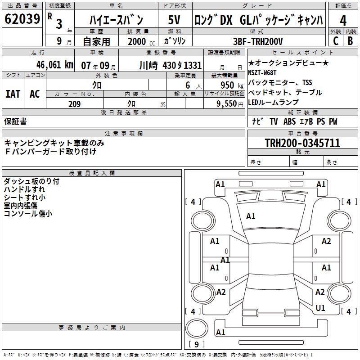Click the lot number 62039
click(x=22, y=19)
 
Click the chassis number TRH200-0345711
click(x=302, y=143)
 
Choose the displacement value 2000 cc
click(x=138, y=41)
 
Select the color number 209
click(x=74, y=104)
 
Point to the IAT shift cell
click(x=13, y=94)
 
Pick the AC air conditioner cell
click(x=35, y=94)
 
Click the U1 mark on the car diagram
click(x=320, y=308)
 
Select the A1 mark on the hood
click(x=251, y=216)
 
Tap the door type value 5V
click(x=174, y=20)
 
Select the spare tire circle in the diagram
click(x=197, y=327)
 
